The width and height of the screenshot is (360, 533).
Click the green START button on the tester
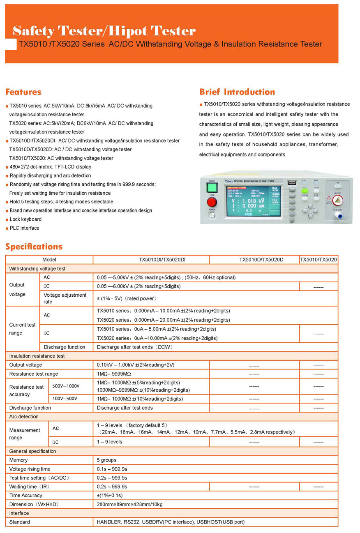tap(212, 188)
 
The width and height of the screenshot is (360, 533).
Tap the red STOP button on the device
tap(212, 202)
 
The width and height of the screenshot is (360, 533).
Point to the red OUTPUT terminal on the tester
tap(338, 201)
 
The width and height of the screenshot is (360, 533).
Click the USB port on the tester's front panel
tap(292, 182)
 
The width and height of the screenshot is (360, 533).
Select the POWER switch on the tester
tap(212, 215)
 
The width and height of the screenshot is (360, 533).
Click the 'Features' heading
tap(23, 92)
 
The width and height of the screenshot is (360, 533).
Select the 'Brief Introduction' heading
tap(237, 92)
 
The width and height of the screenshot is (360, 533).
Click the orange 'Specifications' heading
tap(34, 247)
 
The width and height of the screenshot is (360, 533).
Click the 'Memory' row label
tap(18, 460)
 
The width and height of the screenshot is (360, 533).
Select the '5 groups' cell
tap(107, 460)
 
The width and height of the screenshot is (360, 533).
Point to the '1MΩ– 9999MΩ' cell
tap(114, 374)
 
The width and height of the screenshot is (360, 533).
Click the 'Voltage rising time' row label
tap(30, 469)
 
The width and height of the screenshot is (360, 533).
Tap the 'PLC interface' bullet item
tap(25, 228)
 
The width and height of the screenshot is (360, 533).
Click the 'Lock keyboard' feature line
tap(25, 219)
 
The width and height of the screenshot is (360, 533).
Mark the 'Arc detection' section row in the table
tap(24, 417)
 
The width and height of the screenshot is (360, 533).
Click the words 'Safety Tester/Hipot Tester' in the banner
tap(104, 31)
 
